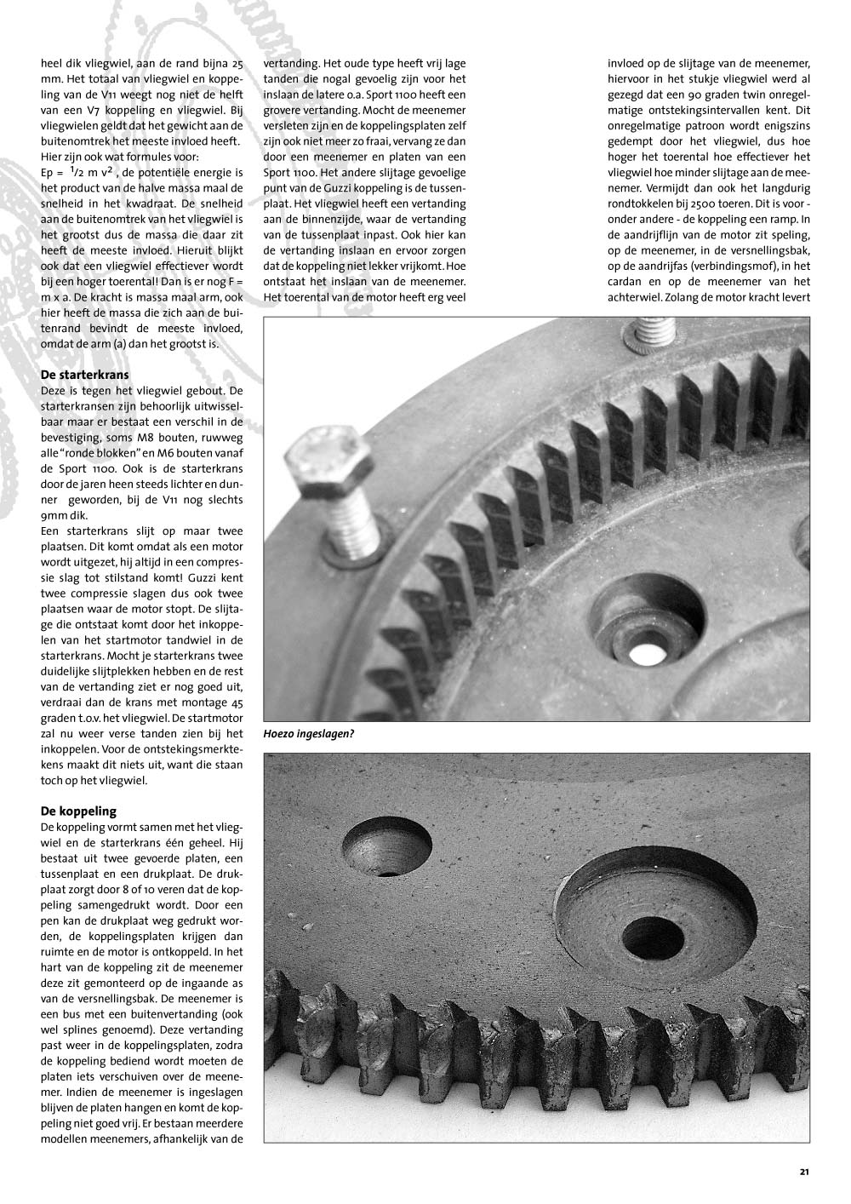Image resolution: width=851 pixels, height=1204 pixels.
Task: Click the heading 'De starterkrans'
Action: pyautogui.click(x=83, y=375)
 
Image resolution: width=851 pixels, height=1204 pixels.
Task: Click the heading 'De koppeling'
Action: pyautogui.click(x=78, y=811)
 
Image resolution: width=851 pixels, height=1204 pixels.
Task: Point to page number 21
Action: pyautogui.click(x=804, y=1172)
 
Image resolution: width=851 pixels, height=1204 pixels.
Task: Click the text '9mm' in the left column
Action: pyautogui.click(x=54, y=516)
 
